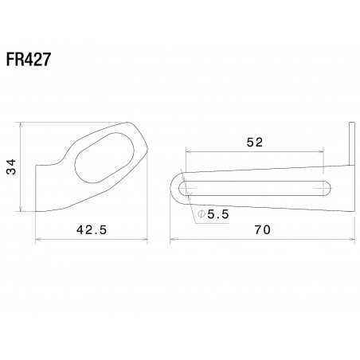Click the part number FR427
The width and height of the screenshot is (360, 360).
tap(30, 62)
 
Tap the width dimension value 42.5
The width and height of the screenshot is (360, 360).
tap(92, 230)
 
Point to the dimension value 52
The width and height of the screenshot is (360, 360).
tap(254, 142)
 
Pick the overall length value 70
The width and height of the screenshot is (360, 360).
tap(262, 230)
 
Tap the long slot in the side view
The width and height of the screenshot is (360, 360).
tap(255, 188)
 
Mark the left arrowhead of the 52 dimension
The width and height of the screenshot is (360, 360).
tap(187, 149)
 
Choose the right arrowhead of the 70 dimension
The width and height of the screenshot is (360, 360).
tap(351, 237)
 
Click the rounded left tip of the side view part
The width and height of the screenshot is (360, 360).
tap(174, 188)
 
